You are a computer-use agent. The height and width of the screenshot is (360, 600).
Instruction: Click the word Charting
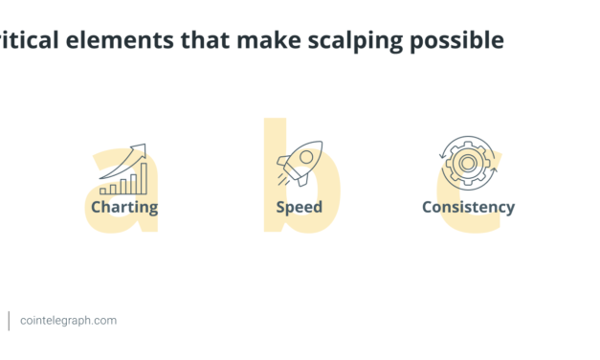pos(124,207)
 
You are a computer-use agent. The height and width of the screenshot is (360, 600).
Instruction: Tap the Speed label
pos(299,207)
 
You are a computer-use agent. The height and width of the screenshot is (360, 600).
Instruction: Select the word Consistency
pos(468,207)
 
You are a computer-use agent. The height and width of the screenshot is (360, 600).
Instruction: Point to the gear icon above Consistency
pos(468,164)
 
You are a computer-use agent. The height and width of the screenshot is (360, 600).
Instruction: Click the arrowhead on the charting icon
pos(142,148)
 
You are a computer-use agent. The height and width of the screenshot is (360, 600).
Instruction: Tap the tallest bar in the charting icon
pos(144,178)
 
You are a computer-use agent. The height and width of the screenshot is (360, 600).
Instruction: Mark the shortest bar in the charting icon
pos(104,191)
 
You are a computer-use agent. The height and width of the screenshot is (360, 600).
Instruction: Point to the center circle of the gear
pos(468,164)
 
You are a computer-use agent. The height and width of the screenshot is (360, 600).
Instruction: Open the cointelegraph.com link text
pos(68,321)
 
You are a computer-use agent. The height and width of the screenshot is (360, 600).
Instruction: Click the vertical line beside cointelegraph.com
pos(10,321)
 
